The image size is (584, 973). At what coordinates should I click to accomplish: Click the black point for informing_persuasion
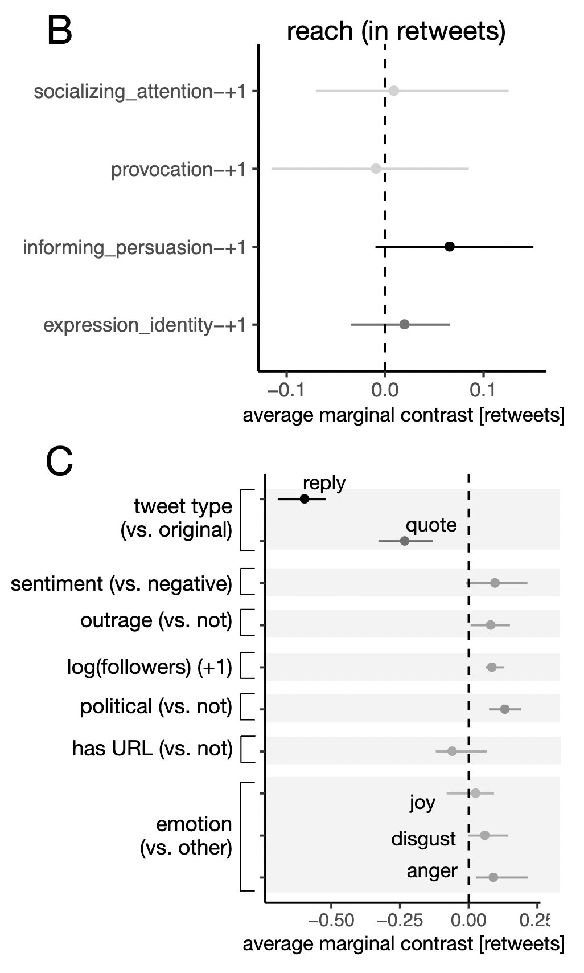click(449, 247)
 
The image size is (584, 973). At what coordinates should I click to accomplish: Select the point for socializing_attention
click(393, 91)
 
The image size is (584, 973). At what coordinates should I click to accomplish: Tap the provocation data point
click(376, 169)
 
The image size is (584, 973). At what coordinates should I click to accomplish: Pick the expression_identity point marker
click(404, 325)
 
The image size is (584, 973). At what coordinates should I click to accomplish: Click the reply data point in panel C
click(305, 499)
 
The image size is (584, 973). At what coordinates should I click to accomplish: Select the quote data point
click(405, 541)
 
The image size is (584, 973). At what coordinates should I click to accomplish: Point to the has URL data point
click(452, 751)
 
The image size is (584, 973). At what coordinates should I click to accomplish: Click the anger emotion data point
click(493, 877)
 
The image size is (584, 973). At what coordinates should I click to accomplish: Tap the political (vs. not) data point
click(504, 709)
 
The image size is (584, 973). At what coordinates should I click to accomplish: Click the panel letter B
click(59, 31)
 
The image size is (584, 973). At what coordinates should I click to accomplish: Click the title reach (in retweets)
click(396, 31)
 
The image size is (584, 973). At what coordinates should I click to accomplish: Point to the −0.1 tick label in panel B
click(286, 391)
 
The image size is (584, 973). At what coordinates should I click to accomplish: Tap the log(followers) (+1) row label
click(150, 667)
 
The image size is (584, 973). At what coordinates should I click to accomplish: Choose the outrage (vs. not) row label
click(157, 620)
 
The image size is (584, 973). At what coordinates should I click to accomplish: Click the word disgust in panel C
click(423, 839)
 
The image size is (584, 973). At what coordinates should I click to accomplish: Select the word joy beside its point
click(422, 803)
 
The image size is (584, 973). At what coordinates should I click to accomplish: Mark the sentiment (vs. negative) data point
click(495, 583)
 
